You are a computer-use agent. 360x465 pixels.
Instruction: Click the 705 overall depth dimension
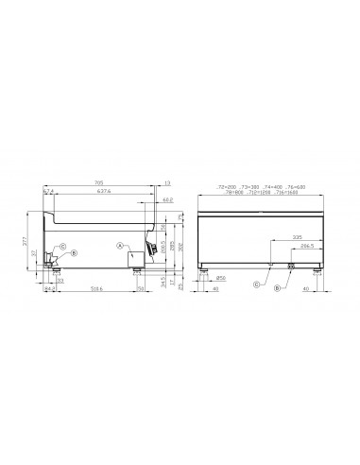point(98,183)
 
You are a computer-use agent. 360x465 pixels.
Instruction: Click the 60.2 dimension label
point(167,200)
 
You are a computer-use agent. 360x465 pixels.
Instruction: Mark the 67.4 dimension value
point(49,193)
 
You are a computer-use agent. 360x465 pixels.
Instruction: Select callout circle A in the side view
point(121,245)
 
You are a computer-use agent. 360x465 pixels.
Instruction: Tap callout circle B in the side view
point(74,253)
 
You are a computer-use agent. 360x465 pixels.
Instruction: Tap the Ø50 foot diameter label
point(220,277)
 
